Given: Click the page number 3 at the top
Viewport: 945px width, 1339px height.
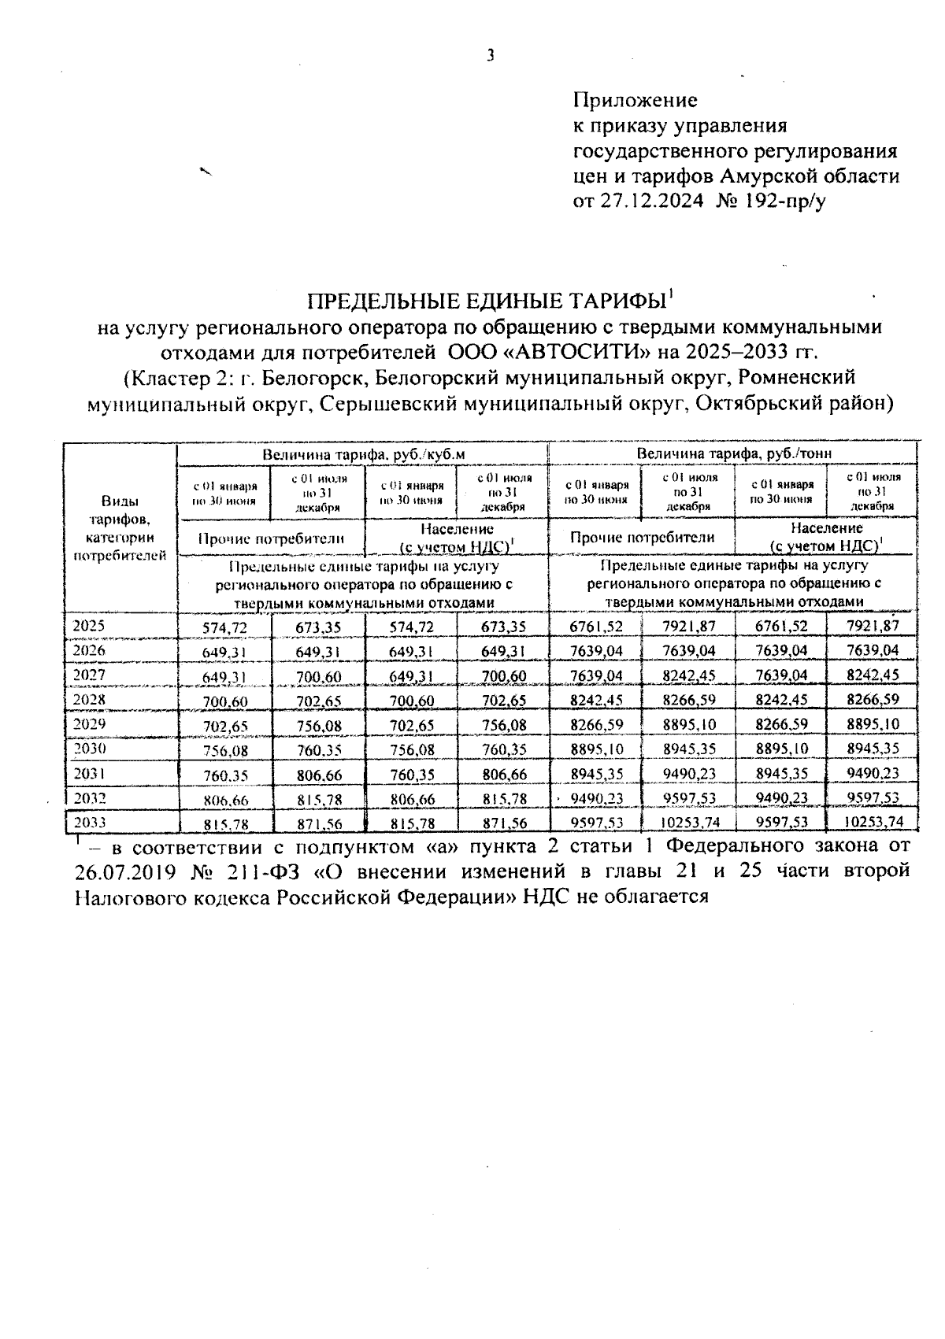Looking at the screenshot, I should (491, 54).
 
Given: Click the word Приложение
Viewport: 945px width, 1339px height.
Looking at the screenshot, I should (635, 100).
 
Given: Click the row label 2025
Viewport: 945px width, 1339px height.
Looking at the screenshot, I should (89, 626).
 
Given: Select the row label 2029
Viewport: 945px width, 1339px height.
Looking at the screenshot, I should (89, 723).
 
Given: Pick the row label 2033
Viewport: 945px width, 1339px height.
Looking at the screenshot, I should (89, 822).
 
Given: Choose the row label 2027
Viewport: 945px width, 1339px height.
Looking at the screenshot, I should (89, 675).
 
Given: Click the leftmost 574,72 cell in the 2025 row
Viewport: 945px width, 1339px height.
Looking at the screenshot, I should (225, 627).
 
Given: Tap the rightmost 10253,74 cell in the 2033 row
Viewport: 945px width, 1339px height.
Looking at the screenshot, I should (872, 822).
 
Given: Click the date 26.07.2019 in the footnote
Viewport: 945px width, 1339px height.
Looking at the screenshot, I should (125, 872).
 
